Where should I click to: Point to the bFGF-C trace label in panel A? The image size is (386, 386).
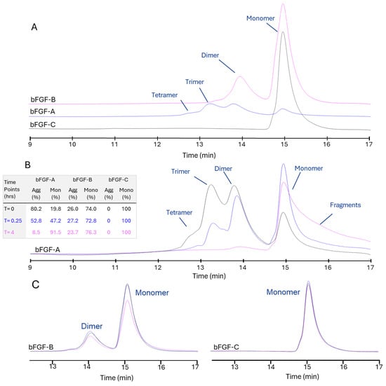click(x=44, y=124)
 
